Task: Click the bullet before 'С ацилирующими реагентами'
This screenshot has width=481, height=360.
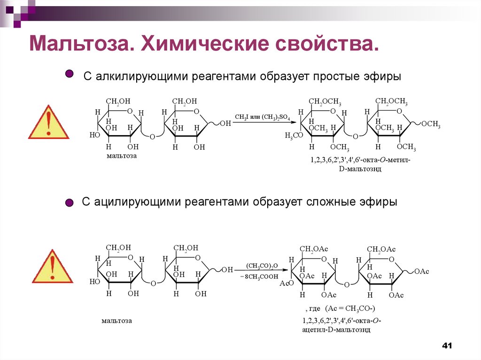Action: (x=69, y=203)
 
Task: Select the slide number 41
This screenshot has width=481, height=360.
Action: (x=447, y=345)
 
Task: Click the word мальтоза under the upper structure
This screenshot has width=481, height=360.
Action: (x=121, y=155)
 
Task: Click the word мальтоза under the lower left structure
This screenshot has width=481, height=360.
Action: (x=116, y=321)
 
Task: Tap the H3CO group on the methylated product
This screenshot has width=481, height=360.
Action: (x=294, y=136)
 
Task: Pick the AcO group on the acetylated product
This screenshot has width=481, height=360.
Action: (x=286, y=284)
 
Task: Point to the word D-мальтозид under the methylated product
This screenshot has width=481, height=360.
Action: (x=360, y=169)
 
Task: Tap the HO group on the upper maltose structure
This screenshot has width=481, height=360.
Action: (x=94, y=135)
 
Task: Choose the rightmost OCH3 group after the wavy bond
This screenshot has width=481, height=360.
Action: (x=431, y=124)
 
